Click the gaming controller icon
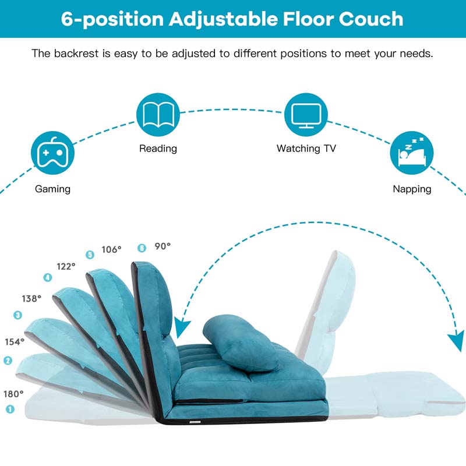pos(52,153)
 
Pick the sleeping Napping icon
pos(412,153)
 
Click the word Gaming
pos(52,189)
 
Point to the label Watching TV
pos(306,149)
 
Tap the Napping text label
pos(412,189)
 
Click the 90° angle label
pos(163,246)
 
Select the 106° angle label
pos(112,249)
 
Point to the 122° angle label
pos(66,266)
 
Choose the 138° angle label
pos(31,298)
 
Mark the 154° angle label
pos(15,342)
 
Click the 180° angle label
pos(14,393)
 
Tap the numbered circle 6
pos(142,247)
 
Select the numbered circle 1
pos(10,409)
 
